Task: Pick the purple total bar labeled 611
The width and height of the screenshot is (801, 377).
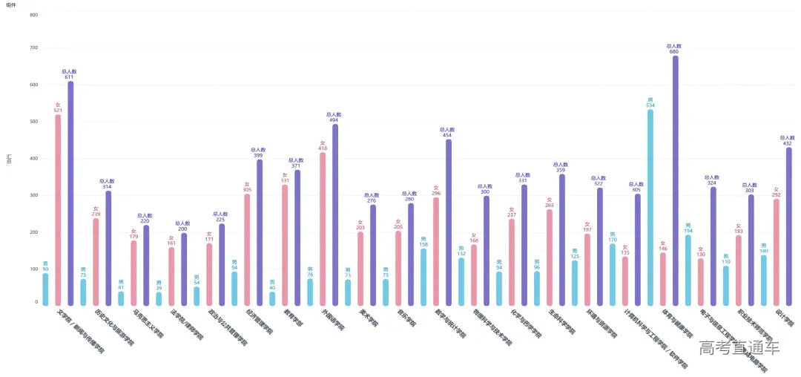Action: (70, 193)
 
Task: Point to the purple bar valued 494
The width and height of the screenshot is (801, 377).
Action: (335, 215)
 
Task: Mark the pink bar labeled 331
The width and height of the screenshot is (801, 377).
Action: (285, 245)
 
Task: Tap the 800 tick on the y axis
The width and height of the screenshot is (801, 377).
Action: (33, 15)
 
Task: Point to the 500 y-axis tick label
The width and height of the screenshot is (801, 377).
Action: (33, 122)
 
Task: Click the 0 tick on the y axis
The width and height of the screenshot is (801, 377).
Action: (36, 302)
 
